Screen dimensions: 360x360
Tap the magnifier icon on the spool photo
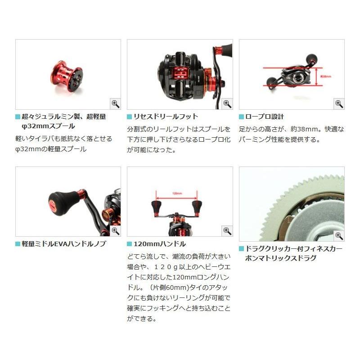pyautogui.click(x=115, y=104)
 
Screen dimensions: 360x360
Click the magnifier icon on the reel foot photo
pyautogui.click(x=227, y=104)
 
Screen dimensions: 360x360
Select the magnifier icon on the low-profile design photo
pyautogui.click(x=339, y=104)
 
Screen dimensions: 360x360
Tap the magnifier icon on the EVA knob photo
pyautogui.click(x=115, y=231)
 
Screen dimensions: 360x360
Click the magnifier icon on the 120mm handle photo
pyautogui.click(x=227, y=231)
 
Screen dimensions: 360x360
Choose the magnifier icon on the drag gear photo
pyautogui.click(x=339, y=235)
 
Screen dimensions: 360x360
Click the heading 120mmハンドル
pyautogui.click(x=159, y=244)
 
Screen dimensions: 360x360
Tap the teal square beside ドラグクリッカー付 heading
pyautogui.click(x=241, y=248)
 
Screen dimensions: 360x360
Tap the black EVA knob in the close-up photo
pyautogui.click(x=61, y=201)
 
